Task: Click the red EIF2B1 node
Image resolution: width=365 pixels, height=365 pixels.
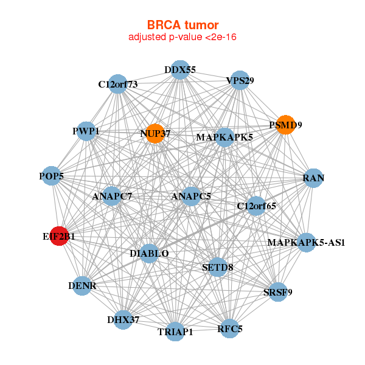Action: [58, 235]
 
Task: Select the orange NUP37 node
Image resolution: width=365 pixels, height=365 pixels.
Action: [155, 133]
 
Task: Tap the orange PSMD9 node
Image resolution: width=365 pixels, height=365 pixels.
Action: [285, 125]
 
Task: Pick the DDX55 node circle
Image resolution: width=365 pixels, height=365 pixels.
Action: [179, 70]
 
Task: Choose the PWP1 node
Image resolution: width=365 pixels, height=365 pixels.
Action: [86, 131]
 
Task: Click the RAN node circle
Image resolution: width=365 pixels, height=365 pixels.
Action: [313, 178]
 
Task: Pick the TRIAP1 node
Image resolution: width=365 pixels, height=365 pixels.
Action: [175, 332]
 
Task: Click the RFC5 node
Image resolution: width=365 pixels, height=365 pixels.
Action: [229, 329]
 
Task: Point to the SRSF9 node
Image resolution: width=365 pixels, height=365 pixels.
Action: [277, 292]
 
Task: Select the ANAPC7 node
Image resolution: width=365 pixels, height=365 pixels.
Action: [113, 196]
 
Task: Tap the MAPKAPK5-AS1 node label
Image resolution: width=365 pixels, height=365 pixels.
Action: [307, 243]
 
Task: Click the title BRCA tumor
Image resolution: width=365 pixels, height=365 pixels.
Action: [182, 25]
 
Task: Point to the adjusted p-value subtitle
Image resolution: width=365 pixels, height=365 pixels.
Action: [182, 37]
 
